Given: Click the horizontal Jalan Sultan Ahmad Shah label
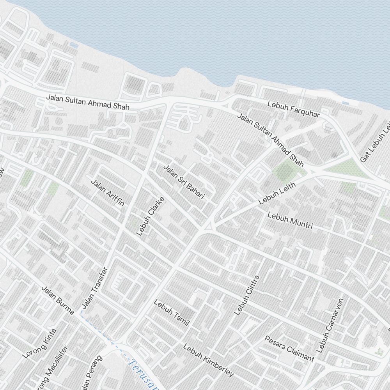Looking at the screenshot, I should tap(87, 101).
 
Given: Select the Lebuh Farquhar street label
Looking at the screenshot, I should tap(293, 109).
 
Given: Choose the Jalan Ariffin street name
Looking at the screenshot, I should tap(108, 193).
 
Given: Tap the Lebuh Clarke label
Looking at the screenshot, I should tap(150, 216).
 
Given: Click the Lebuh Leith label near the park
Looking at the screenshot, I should tap(277, 193).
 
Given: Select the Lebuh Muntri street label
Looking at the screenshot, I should tap(290, 220).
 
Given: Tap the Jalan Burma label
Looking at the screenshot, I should tap(58, 300).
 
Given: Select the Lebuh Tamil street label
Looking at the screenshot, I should tap(171, 312).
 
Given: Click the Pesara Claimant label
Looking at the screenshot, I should tap(289, 348).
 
